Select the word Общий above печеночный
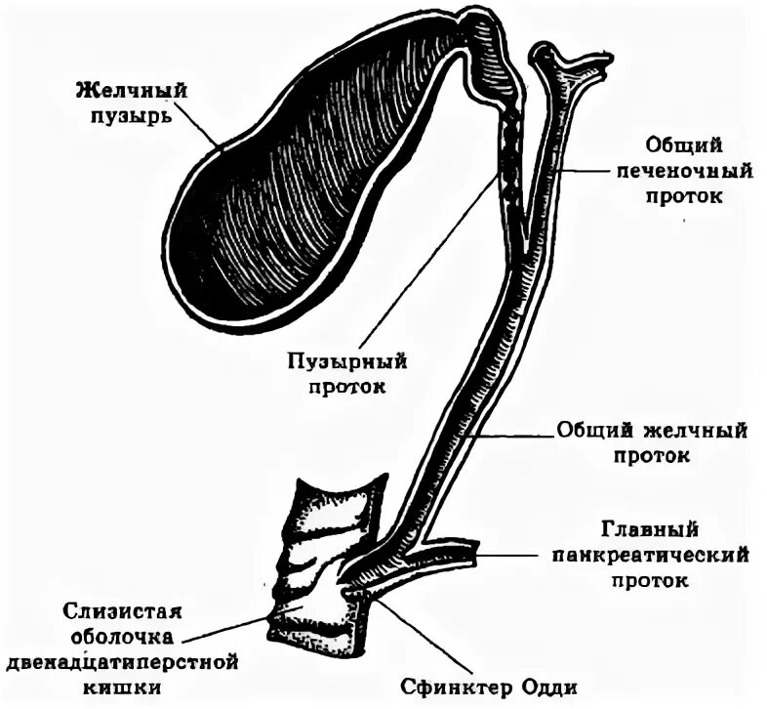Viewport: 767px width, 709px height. [683, 146]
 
